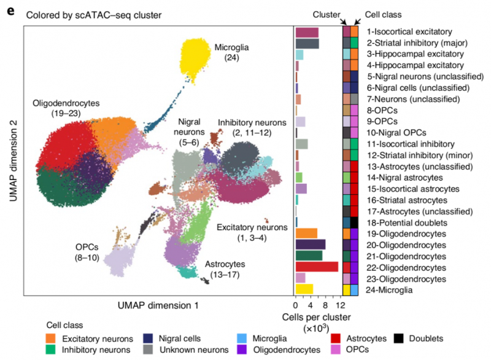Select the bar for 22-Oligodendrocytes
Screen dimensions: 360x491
coord(317,267)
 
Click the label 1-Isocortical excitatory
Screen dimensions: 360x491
coord(409,31)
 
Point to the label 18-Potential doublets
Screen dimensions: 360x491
coord(407,222)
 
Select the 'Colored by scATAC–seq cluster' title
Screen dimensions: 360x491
coord(92,14)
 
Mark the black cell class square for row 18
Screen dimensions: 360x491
coord(355,222)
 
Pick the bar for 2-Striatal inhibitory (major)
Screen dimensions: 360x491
coord(307,43)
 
